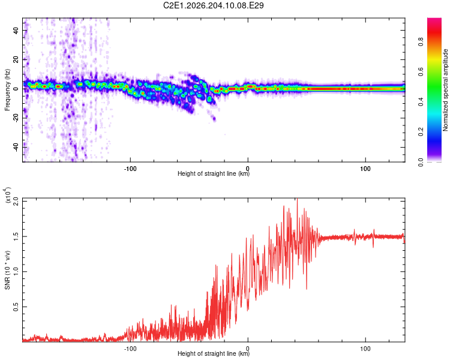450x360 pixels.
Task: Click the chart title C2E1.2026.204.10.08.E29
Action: point(213,5)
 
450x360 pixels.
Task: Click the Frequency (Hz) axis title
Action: point(7,90)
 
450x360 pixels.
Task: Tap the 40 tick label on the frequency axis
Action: point(16,30)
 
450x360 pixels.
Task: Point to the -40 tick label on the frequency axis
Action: point(16,147)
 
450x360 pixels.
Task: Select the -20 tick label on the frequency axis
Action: point(16,118)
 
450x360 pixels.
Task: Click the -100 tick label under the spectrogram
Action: point(130,169)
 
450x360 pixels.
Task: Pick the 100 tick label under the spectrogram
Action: point(365,169)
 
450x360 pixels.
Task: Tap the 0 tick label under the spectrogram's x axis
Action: point(248,169)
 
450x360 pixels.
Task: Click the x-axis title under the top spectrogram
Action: point(214,173)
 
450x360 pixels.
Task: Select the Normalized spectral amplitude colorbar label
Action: point(445,90)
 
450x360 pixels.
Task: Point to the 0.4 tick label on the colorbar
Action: point(421,101)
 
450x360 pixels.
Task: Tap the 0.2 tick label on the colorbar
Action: point(421,131)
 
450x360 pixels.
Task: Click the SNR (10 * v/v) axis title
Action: point(7,270)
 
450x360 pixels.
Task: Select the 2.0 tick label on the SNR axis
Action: point(16,201)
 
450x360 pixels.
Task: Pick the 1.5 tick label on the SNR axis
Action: point(16,236)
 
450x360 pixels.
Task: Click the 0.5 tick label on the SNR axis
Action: point(16,307)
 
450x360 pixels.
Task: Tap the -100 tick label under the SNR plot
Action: point(130,349)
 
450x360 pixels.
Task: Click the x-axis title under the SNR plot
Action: point(214,353)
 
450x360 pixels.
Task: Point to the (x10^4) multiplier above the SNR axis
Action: point(8,195)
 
